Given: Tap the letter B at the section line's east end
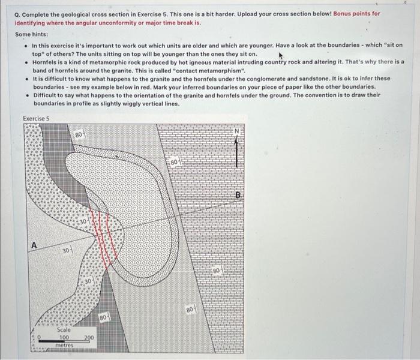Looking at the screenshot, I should click(238, 195).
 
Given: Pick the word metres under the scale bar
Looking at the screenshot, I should click(64, 346).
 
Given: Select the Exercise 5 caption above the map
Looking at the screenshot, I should click(36, 118).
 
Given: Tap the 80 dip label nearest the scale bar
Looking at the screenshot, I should click(103, 316).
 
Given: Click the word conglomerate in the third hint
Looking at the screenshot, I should click(274, 78).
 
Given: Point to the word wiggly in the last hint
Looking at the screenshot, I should click(137, 103).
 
